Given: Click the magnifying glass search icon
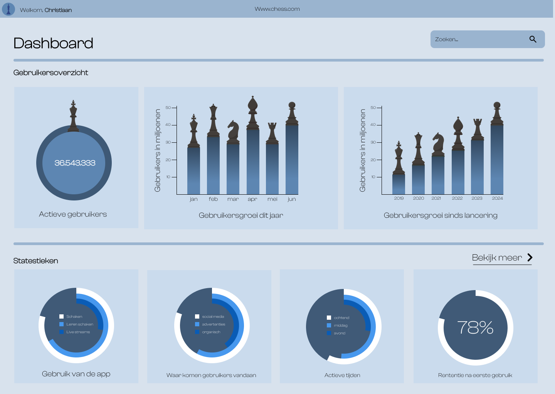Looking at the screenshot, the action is point(533,39).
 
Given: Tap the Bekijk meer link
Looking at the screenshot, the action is point(502,258).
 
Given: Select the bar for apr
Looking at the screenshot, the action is point(253,162).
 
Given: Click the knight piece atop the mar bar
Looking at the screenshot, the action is point(233,132).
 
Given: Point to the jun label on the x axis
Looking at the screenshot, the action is point(292,199).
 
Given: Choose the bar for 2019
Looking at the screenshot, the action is point(399,184).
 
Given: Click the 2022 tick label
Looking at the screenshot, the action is point(457,198).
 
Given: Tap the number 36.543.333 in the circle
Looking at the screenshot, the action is point(75,163).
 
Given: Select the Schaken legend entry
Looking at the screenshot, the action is point(71,317).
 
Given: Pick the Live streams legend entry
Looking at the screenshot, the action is point(75,332).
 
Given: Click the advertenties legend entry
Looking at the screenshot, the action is point(210,324).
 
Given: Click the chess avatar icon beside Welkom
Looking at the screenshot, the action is point(8,9).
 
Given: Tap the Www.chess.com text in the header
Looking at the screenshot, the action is point(277,9).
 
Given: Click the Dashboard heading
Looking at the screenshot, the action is point(53,43).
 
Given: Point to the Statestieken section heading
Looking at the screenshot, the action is point(36,261).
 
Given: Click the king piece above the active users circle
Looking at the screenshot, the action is point(73,116).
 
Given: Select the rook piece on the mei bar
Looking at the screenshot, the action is point(272,133).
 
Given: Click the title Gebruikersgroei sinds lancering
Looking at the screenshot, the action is point(441,215).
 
